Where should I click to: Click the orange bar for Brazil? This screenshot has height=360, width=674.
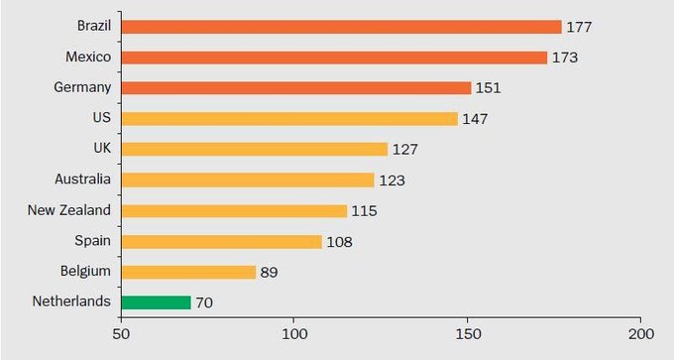tap(341, 27)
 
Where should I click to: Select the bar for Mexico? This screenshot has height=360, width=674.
tap(334, 58)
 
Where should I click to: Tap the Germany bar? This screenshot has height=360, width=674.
tap(295, 88)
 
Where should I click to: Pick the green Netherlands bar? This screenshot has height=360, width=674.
tap(156, 302)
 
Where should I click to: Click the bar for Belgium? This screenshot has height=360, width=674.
tap(188, 272)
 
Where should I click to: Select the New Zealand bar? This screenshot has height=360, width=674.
tap(234, 210)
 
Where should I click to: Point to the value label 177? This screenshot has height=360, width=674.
tap(580, 27)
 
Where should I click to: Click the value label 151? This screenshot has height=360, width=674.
tap(489, 88)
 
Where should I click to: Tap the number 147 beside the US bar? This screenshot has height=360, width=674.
tap(475, 119)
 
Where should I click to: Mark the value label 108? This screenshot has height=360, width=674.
tap(339, 241)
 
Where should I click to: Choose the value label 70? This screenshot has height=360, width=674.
tap(203, 302)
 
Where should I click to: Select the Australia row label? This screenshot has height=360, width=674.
tap(83, 180)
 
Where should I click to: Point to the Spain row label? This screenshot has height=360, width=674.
tap(93, 241)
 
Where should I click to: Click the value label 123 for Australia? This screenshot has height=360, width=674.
tap(392, 180)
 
